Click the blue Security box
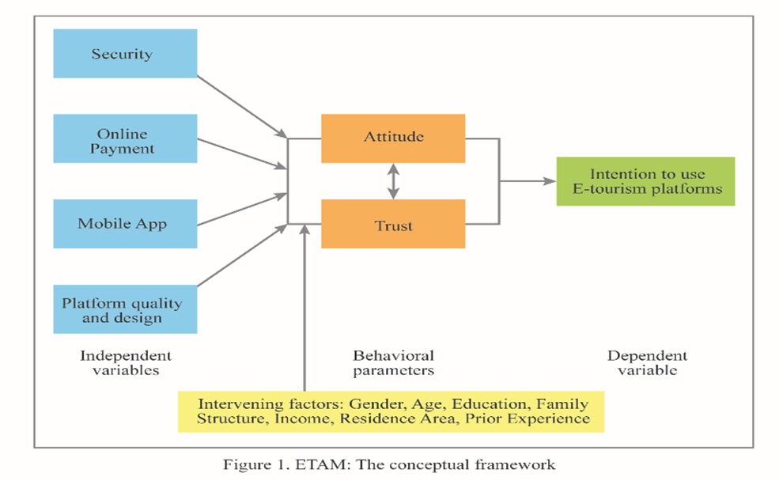(x=124, y=54)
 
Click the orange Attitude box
(x=393, y=138)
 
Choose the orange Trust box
(x=393, y=225)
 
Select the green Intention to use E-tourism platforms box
(x=645, y=181)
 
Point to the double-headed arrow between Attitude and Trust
(x=393, y=181)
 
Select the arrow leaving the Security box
(x=241, y=106)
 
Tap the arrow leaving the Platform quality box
(x=241, y=256)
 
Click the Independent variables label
(x=125, y=362)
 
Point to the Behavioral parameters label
(x=393, y=362)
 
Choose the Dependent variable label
(x=647, y=362)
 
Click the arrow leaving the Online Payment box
(x=241, y=153)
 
